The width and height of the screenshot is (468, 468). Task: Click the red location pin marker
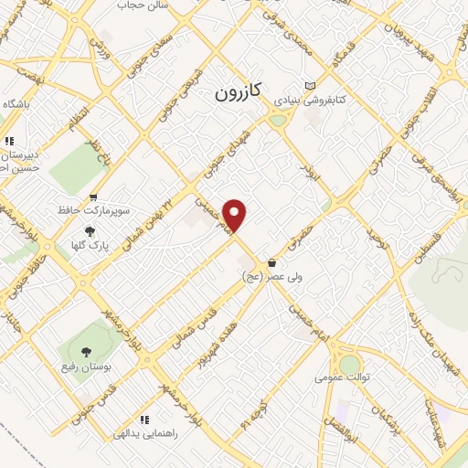tap(236, 214)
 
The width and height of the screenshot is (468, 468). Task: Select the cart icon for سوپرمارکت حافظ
tap(93, 197)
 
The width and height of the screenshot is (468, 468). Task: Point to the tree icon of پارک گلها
tap(90, 231)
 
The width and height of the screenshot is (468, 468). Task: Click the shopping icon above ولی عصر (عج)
tap(271, 263)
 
